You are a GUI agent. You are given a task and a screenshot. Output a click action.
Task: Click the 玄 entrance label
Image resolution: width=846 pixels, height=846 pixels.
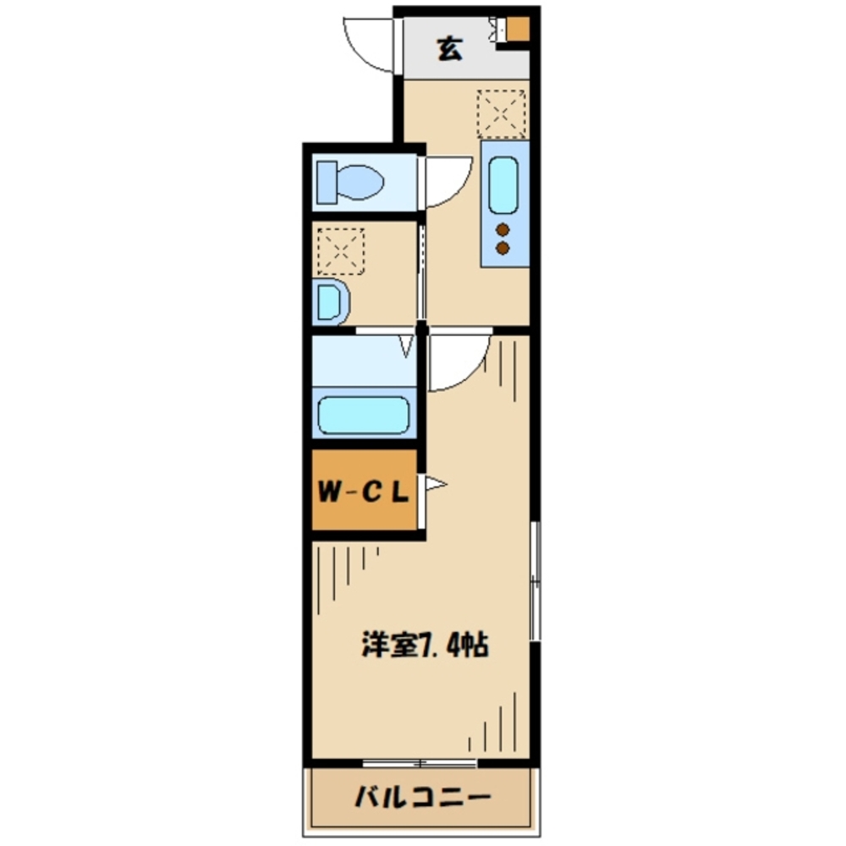tap(449, 50)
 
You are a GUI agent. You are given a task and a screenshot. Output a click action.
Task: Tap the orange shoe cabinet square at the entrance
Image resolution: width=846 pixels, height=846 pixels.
tap(517, 30)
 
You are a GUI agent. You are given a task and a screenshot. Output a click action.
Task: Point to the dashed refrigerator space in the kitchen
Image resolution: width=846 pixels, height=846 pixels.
tap(501, 113)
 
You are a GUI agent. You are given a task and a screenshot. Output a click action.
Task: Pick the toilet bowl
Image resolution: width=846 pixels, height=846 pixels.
tap(360, 181)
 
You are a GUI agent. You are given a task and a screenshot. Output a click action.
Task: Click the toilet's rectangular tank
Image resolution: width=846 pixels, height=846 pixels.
tap(326, 181)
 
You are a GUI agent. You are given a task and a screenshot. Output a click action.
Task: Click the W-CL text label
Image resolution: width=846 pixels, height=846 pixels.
tap(364, 491)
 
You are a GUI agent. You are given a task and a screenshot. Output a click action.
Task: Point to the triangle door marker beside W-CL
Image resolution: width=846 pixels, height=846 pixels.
tap(435, 485)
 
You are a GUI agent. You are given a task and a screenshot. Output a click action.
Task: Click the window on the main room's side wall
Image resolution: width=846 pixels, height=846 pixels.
tap(534, 581)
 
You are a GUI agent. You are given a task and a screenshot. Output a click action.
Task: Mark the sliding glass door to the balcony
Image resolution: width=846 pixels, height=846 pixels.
tap(419, 764)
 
